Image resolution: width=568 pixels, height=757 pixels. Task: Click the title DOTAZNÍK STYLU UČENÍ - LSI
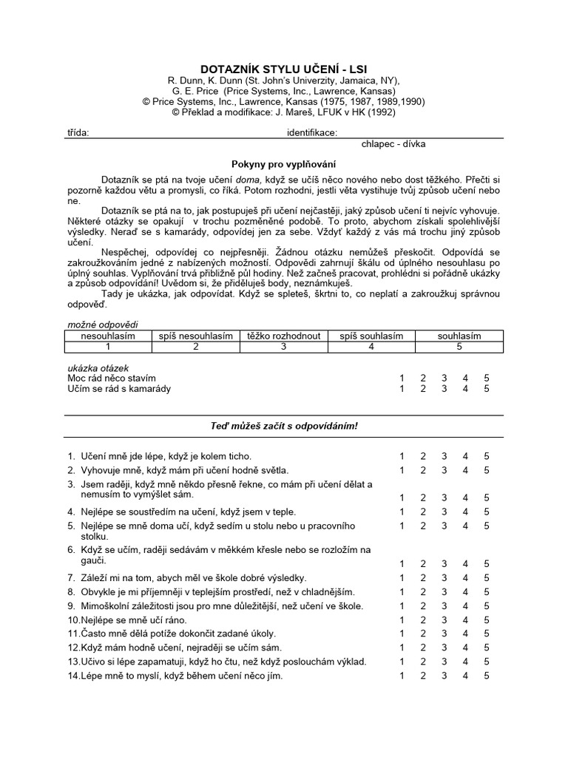(x=283, y=69)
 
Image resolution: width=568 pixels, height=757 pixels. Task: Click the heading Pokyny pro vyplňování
(x=283, y=163)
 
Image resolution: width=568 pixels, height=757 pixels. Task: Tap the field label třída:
(x=78, y=133)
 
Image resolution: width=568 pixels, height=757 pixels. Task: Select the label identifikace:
(x=312, y=133)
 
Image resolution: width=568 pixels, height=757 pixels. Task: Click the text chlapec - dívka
(x=393, y=144)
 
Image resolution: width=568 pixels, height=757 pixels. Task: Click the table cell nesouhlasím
(x=108, y=336)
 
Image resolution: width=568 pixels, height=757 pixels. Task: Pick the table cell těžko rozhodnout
(x=283, y=336)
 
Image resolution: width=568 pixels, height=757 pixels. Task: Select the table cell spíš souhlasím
(x=371, y=336)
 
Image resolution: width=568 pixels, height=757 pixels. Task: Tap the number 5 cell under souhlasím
(x=459, y=346)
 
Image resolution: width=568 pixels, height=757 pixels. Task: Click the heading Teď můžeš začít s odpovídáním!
(x=283, y=427)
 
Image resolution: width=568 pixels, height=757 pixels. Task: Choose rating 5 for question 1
(x=487, y=456)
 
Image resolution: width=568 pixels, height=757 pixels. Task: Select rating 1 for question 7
(x=402, y=578)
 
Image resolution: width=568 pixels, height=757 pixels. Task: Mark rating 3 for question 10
(x=444, y=619)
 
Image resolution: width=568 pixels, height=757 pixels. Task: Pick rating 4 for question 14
(x=465, y=676)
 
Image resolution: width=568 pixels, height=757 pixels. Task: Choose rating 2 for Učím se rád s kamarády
(x=423, y=389)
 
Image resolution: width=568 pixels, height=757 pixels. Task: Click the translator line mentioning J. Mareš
(x=283, y=112)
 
